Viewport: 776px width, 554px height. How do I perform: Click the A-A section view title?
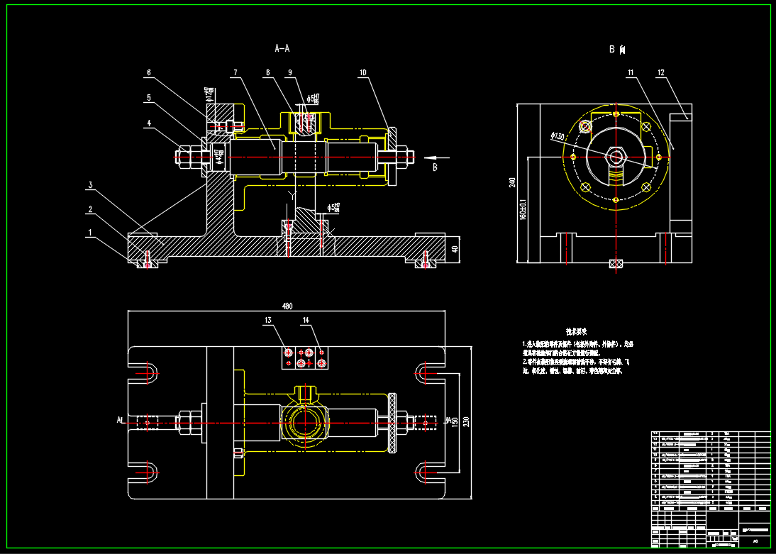pos(282,49)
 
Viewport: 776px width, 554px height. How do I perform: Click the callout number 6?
pos(149,72)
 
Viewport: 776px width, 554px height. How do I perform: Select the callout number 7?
pos(233,72)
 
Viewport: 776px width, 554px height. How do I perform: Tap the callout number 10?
pos(362,72)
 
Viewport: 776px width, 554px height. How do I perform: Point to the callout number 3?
pos(90,185)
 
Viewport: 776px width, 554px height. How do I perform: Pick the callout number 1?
pos(90,232)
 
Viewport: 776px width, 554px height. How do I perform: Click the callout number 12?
pos(660,72)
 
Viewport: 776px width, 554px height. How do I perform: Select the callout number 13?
pos(267,321)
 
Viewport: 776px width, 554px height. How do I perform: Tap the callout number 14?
pos(306,321)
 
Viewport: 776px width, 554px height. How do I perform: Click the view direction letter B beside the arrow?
pos(435,167)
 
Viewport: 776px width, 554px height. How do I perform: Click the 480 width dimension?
pos(287,306)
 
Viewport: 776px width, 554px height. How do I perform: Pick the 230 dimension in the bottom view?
pos(465,421)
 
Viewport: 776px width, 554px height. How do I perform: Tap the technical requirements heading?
pos(575,331)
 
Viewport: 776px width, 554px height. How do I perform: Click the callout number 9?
pos(290,72)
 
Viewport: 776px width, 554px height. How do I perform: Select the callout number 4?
pos(149,123)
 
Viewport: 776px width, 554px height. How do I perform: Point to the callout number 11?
pos(630,72)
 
